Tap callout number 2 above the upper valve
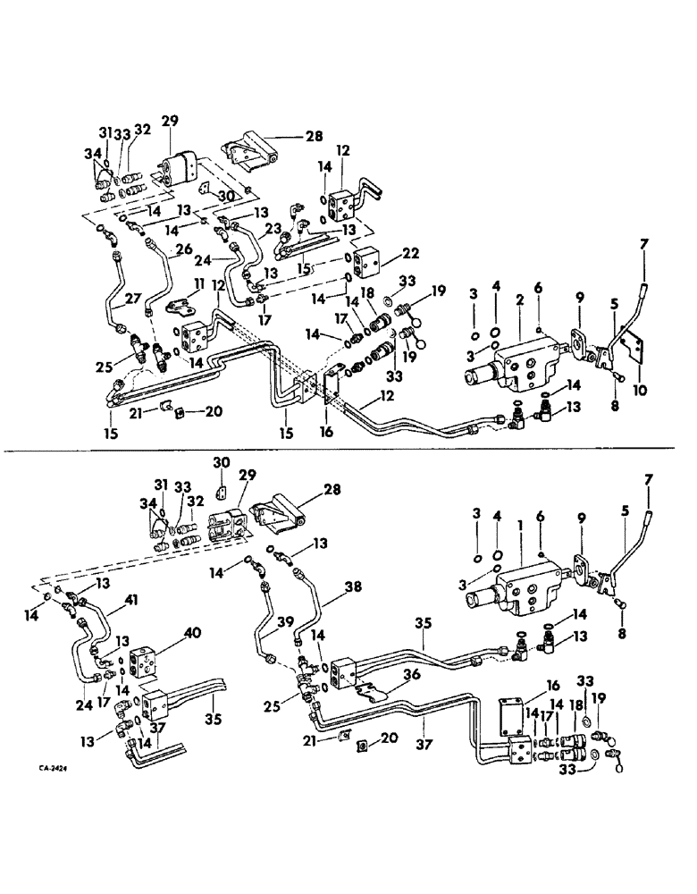point(518,304)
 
